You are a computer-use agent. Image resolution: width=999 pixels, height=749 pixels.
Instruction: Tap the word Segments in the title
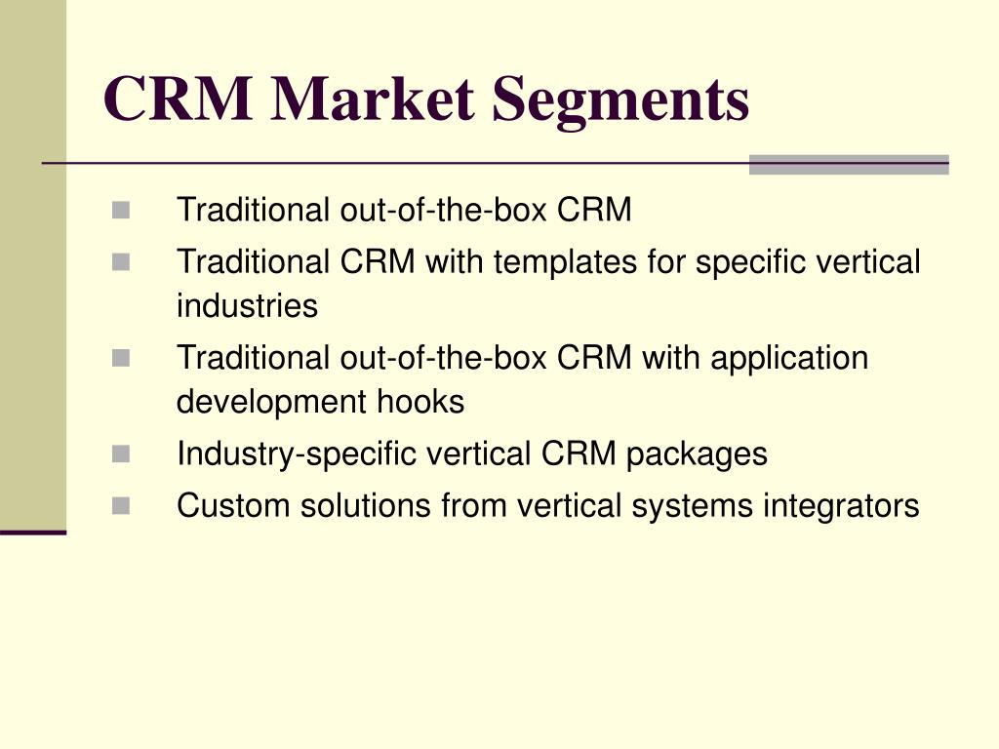[620, 101]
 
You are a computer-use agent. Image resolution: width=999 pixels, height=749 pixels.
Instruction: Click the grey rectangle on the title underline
[849, 164]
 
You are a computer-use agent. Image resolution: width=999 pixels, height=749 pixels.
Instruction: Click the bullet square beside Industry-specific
[121, 454]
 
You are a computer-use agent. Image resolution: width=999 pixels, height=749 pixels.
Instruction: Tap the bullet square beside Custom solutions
[121, 506]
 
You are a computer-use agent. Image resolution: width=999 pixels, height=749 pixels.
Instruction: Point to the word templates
[565, 263]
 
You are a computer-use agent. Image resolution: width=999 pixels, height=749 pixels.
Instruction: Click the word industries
[247, 305]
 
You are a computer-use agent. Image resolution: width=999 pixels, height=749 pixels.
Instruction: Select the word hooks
[420, 401]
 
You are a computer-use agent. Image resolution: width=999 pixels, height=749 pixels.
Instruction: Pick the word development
[271, 403]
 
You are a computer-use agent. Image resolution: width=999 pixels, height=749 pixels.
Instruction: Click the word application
[789, 359]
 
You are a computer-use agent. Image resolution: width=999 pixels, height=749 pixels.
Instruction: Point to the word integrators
[841, 507]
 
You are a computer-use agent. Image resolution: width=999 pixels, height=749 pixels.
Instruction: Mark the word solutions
[366, 506]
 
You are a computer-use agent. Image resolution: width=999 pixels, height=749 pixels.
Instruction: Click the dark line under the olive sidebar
[33, 532]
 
